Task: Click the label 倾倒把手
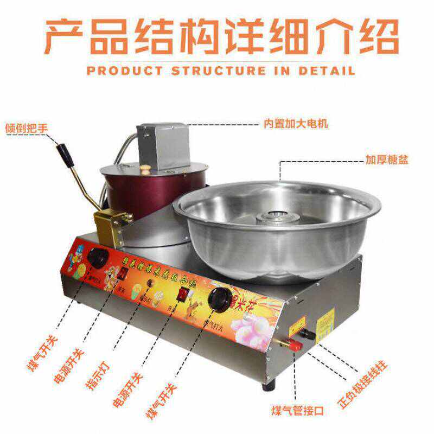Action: click(27, 129)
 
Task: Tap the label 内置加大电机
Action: click(296, 124)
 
